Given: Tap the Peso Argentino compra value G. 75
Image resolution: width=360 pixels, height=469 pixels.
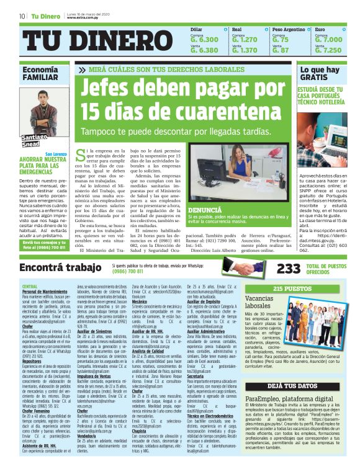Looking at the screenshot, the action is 281,40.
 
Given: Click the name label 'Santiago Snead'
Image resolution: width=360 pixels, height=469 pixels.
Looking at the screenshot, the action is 32,140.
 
